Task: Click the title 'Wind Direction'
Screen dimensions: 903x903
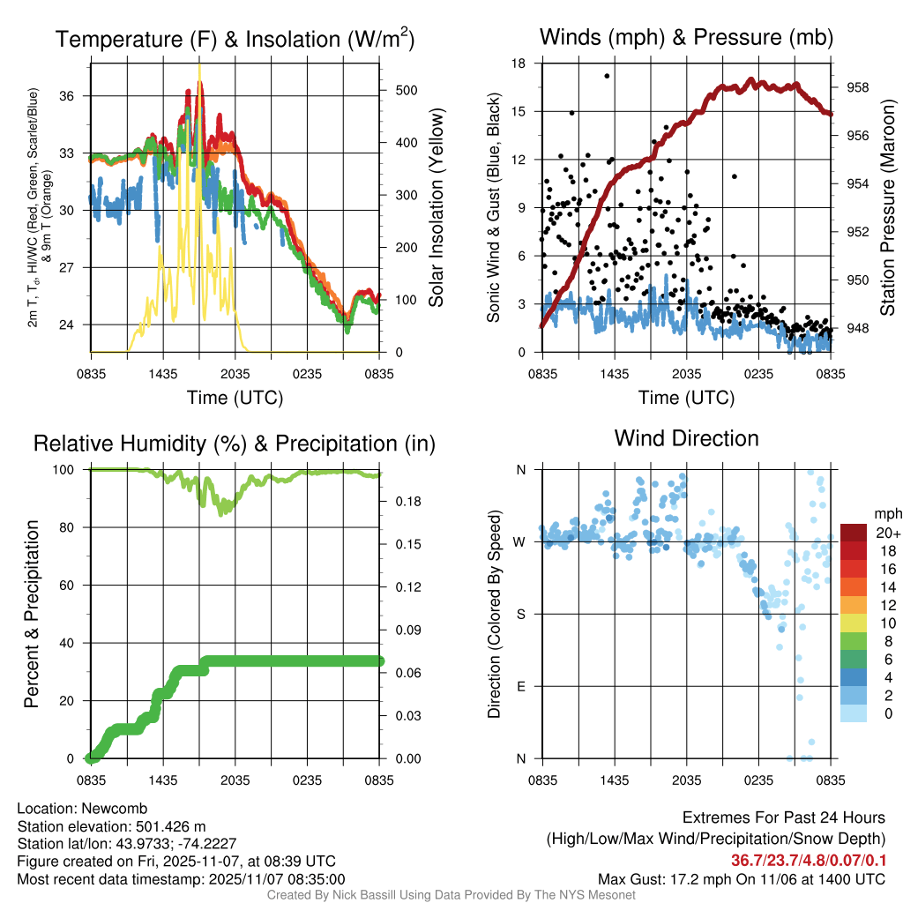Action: pos(686,438)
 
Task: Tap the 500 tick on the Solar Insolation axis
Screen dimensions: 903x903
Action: pos(399,90)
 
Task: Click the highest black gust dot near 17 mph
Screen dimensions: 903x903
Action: pos(607,76)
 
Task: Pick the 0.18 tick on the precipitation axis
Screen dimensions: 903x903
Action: pos(402,502)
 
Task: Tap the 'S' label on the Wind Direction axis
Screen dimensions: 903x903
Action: pos(520,614)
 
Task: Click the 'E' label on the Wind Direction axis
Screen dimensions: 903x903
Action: pos(520,686)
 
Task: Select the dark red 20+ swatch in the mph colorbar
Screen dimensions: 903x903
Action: pos(854,534)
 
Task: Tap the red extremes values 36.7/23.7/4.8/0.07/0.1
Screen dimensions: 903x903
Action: pos(809,861)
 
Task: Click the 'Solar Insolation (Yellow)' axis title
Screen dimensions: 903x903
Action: pos(437,207)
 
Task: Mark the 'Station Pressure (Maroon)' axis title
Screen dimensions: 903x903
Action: pos(888,208)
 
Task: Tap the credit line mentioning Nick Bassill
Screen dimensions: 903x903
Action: pos(451,895)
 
